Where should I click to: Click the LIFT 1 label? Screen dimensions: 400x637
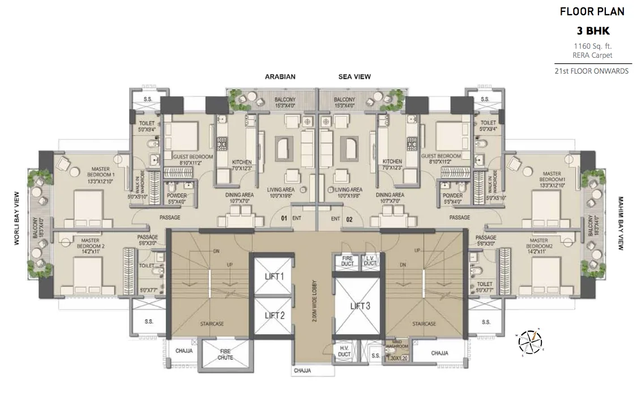274,276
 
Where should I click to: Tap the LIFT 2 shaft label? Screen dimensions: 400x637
274,316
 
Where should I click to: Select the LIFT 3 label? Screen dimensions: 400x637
360,307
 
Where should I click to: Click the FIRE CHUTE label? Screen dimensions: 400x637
225,355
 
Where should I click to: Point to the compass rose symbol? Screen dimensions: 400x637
531,341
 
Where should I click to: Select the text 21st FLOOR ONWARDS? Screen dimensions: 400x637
592,71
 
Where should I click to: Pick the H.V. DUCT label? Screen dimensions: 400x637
344,351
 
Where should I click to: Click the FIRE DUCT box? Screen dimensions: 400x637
347,261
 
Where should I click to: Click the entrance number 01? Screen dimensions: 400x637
285,218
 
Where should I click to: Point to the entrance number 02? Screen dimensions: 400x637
349,218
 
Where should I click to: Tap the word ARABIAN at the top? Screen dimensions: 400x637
281,76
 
